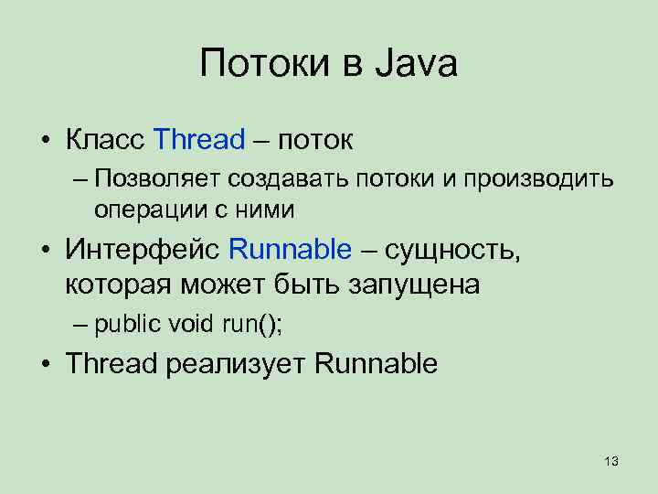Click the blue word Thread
[x=200, y=140]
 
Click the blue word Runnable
[x=290, y=248]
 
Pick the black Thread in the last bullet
[x=112, y=363]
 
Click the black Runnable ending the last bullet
[x=376, y=363]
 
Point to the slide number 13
[x=611, y=460]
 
